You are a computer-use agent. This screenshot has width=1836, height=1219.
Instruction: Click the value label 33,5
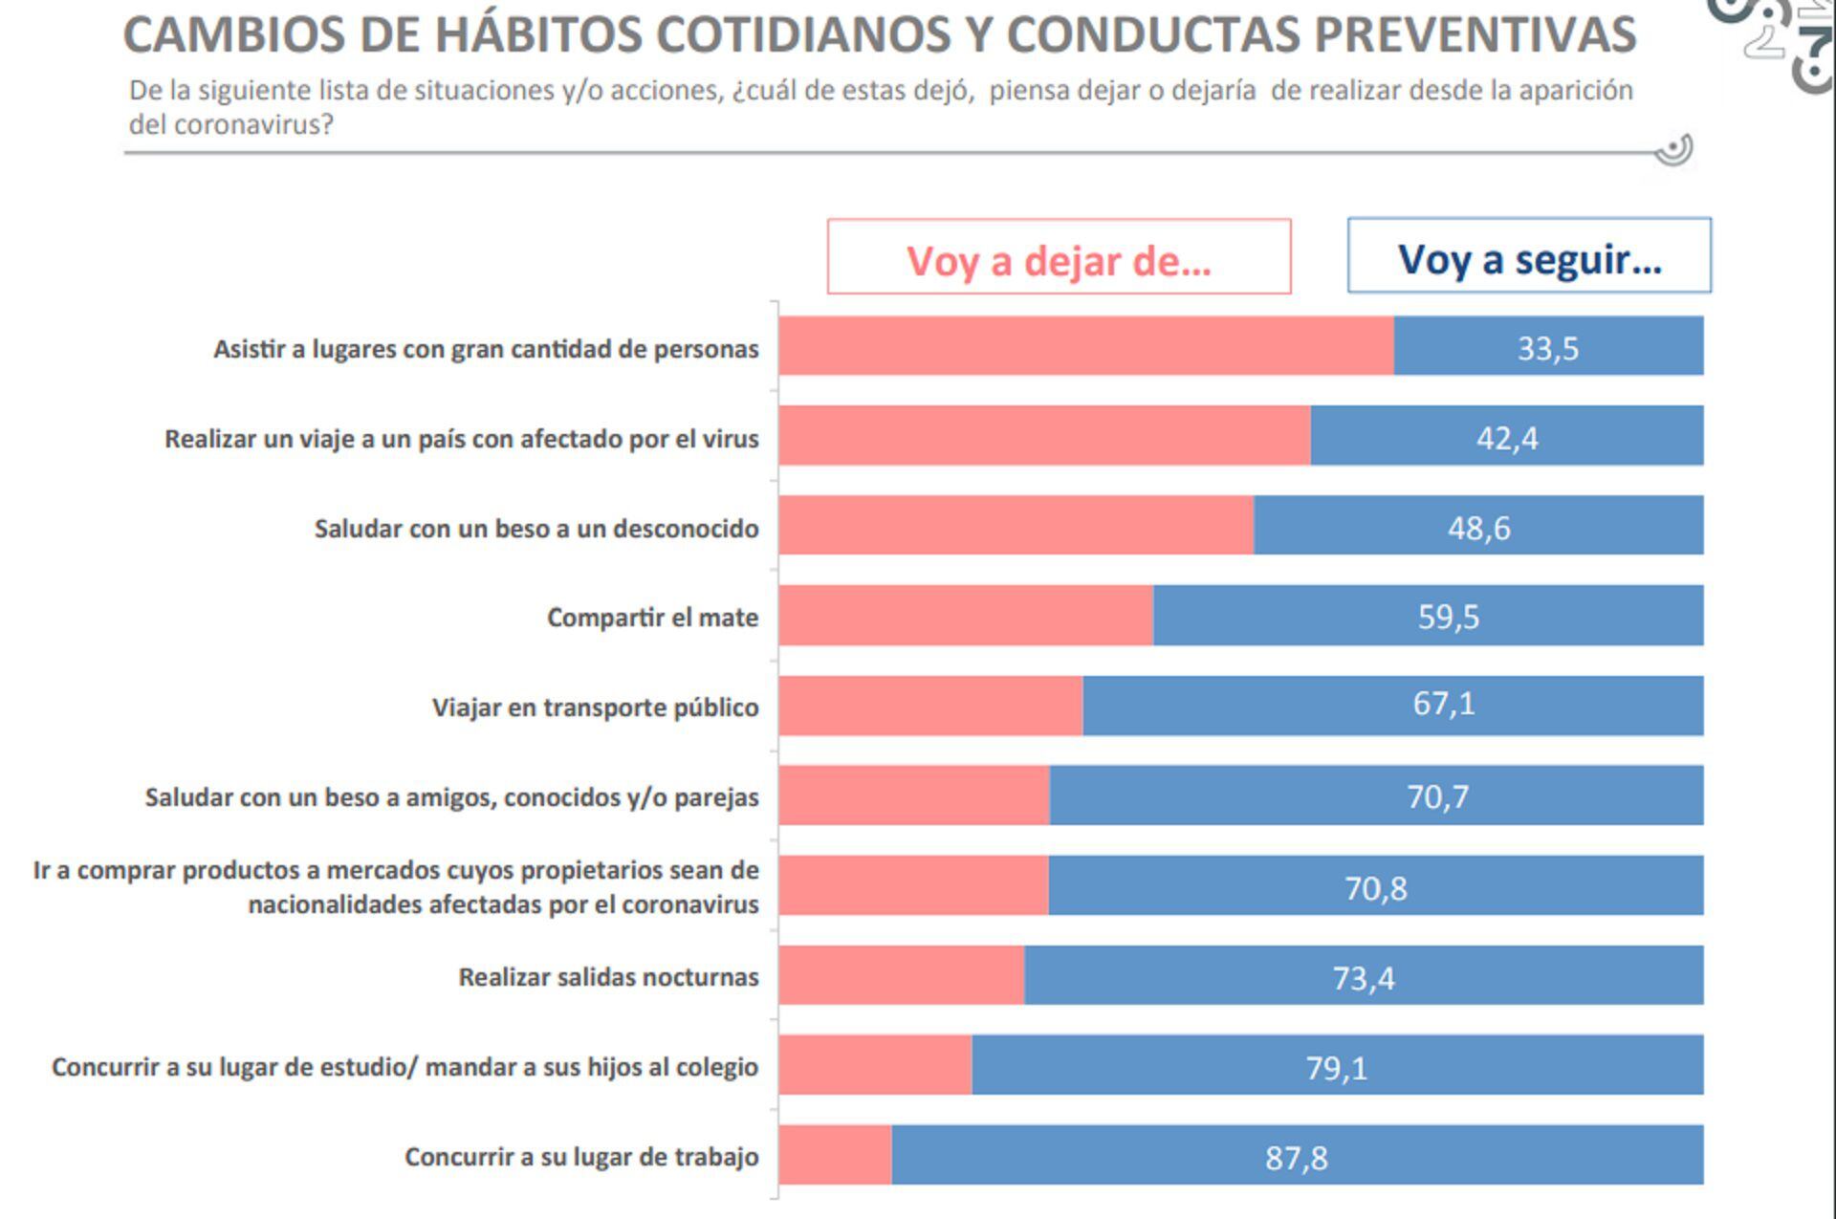[x=1547, y=348]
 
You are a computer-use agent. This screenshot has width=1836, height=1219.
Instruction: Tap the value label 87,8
[x=1296, y=1158]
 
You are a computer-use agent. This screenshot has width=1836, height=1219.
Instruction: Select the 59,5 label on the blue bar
[x=1448, y=617]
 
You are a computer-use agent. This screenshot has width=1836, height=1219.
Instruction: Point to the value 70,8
[x=1375, y=888]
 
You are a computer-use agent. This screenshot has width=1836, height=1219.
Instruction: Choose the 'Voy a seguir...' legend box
[x=1528, y=257]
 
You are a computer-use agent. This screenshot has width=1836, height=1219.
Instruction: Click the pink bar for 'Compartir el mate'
[x=966, y=615]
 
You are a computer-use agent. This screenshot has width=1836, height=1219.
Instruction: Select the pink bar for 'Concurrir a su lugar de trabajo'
[x=835, y=1155]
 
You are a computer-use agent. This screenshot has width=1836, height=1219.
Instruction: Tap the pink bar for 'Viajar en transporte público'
[x=930, y=706]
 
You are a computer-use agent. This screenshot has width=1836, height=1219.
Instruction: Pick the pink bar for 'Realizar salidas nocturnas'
[x=901, y=975]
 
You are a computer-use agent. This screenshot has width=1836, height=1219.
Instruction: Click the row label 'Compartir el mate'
[x=652, y=618]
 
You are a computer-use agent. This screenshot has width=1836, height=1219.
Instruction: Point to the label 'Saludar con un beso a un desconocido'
[x=535, y=529]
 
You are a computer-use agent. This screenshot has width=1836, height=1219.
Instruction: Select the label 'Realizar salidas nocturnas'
[x=608, y=977]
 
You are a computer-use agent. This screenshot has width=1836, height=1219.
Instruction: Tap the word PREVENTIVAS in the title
[x=1474, y=35]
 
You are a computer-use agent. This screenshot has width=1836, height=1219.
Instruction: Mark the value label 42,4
[x=1507, y=438]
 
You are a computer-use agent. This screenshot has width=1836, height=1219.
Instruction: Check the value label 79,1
[x=1336, y=1067]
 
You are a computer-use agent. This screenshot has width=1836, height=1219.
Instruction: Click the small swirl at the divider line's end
[x=1673, y=150]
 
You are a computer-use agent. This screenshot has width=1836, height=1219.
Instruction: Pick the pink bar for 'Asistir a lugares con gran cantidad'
[x=1085, y=345]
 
